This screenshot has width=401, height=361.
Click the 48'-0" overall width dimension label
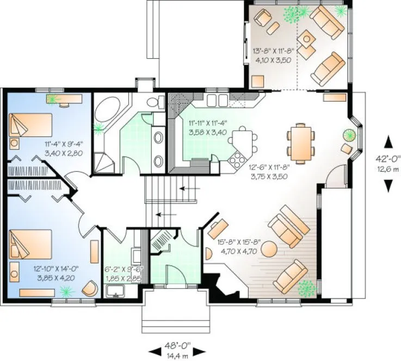pyautogui.click(x=176, y=345)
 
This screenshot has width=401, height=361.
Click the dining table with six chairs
pyautogui.click(x=300, y=141)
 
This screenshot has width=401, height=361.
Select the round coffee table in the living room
pyautogui.click(x=270, y=249)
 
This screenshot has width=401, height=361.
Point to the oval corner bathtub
pyautogui.click(x=110, y=111)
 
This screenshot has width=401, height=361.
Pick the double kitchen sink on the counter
pyautogui.click(x=217, y=99)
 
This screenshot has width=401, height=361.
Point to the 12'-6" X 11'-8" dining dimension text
pyautogui.click(x=269, y=172)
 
